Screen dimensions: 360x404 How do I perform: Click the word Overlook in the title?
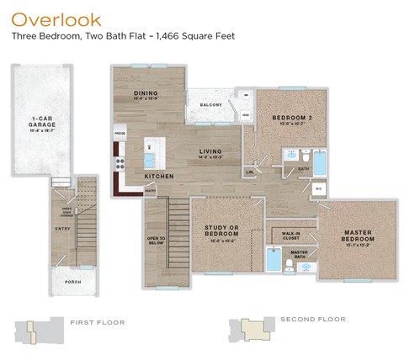point(56,19)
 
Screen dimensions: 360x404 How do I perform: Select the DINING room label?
point(146,94)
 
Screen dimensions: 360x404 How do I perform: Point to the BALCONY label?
point(210,105)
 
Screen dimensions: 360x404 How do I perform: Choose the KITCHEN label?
point(159,177)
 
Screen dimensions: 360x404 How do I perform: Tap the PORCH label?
point(73,282)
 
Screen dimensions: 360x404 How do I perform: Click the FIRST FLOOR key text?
point(98,320)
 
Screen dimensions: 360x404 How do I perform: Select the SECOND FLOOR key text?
point(312,320)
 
